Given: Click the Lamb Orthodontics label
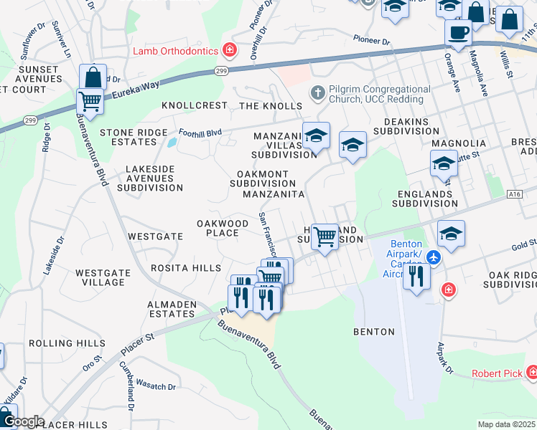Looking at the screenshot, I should [x=175, y=51].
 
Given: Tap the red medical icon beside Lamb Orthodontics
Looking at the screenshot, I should [x=230, y=50].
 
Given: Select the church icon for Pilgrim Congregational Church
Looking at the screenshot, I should [x=317, y=93].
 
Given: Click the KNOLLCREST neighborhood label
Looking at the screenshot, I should [x=195, y=105].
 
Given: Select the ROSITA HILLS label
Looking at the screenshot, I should [x=186, y=268].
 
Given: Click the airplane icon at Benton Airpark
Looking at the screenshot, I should [x=433, y=257].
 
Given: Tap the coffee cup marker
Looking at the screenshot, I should [x=458, y=32].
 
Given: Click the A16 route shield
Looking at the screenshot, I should [x=513, y=194].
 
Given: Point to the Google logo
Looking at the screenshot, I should [x=23, y=421].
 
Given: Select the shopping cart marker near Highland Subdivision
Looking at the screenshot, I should [x=325, y=237].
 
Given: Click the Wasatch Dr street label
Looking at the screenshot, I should [x=156, y=386].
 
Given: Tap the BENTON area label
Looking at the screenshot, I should [x=374, y=332].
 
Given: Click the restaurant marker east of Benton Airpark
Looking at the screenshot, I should [x=416, y=276].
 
